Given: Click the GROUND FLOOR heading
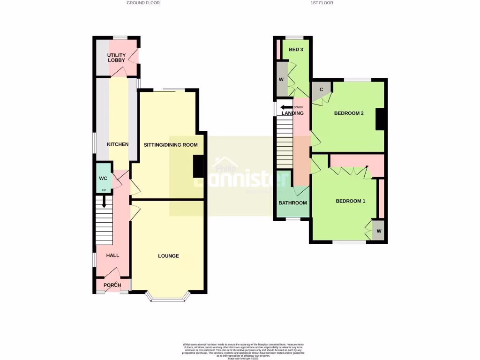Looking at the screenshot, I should pyautogui.click(x=143, y=3).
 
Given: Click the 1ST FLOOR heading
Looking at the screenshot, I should pyautogui.click(x=322, y=3).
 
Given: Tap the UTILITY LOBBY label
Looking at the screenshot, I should pyautogui.click(x=116, y=58).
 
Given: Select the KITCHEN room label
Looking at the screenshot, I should pyautogui.click(x=118, y=144).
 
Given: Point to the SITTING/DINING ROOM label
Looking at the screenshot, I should pyautogui.click(x=171, y=145).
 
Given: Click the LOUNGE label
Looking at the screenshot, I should pyautogui.click(x=168, y=256).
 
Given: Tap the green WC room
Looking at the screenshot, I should pyautogui.click(x=104, y=178).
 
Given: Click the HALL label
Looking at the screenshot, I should pyautogui.click(x=112, y=255).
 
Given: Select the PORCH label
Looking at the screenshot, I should pyautogui.click(x=112, y=285).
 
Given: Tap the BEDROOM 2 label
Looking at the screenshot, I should pyautogui.click(x=349, y=113).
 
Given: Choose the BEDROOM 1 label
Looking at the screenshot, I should pyautogui.click(x=350, y=201).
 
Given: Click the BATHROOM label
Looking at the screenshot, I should pyautogui.click(x=292, y=203).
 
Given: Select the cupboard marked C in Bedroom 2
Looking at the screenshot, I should pyautogui.click(x=322, y=90).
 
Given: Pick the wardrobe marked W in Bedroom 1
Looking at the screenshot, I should pyautogui.click(x=379, y=231).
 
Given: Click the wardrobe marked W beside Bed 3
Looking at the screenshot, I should pyautogui.click(x=281, y=79).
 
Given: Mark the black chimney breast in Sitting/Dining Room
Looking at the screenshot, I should pyautogui.click(x=198, y=166).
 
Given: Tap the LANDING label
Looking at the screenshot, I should pyautogui.click(x=292, y=113).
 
